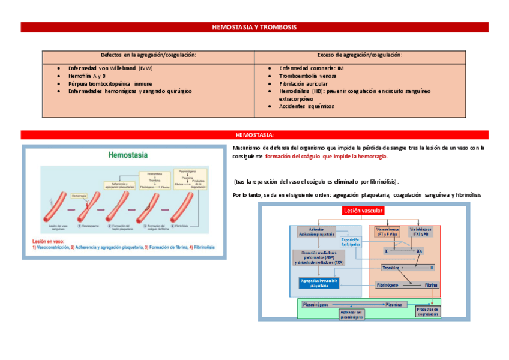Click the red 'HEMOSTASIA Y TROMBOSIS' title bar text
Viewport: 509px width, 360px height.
pos(254,27)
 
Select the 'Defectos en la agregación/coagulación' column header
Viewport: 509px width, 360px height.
pos(149,55)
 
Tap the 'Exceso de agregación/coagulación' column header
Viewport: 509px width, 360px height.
pos(360,55)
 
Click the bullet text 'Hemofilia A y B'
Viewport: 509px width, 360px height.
pos(87,76)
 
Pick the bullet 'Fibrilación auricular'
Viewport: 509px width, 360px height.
pos(303,84)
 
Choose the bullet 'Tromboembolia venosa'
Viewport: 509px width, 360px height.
pos(306,76)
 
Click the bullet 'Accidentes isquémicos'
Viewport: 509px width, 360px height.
pos(306,106)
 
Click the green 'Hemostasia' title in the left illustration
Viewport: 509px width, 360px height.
pos(128,155)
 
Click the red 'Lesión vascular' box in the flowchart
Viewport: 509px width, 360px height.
pos(364,211)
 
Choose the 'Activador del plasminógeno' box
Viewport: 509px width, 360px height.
pos(352,315)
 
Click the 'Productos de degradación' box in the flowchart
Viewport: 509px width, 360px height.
pos(427,311)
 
